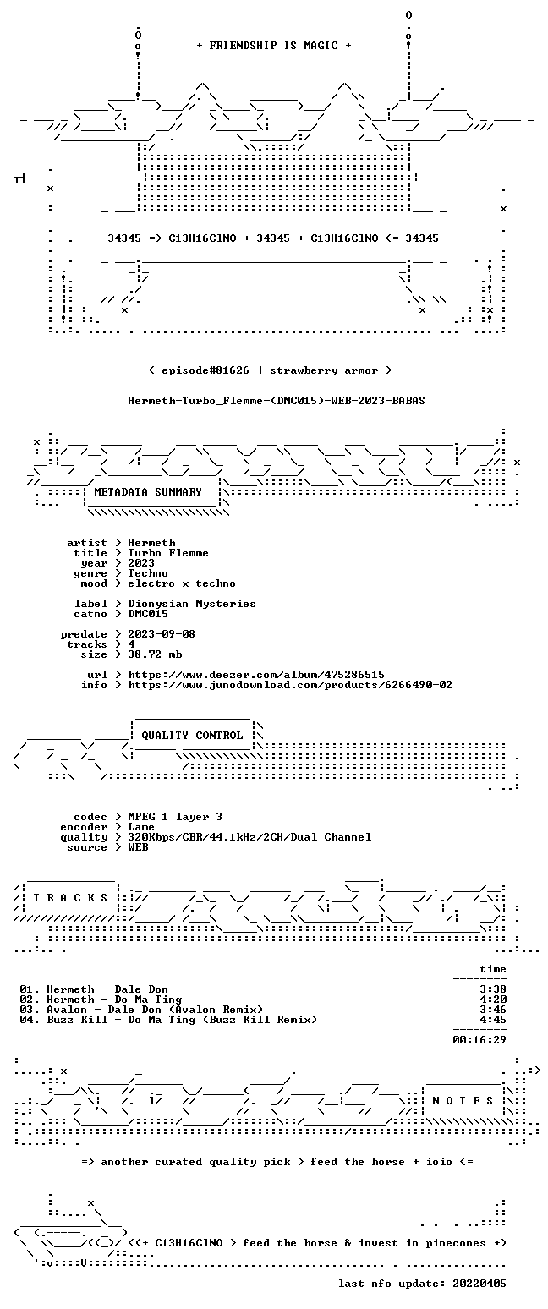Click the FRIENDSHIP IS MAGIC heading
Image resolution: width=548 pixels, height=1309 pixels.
274,46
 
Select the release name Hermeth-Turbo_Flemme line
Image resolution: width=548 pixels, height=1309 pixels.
277,401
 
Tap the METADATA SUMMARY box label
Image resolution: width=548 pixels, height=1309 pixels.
148,492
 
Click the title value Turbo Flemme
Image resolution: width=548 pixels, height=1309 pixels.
168,553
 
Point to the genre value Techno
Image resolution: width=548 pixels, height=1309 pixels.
148,573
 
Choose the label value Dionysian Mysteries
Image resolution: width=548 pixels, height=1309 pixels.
192,604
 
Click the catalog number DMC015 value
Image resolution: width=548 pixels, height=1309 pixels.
148,614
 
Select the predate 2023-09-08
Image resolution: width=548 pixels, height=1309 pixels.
162,634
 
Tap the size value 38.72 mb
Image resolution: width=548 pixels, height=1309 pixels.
155,654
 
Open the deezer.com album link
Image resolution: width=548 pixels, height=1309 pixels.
256,675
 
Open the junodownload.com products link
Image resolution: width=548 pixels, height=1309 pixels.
290,685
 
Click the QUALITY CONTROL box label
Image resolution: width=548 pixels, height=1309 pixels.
192,736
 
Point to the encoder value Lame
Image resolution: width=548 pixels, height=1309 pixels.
141,827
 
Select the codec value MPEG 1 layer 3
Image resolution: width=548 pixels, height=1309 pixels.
175,817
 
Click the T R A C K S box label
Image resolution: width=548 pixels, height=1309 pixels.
71,898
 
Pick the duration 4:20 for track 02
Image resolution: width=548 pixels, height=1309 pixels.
492,1000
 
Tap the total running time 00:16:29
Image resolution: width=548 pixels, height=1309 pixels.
479,1039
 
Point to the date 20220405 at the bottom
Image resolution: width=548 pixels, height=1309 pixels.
479,1284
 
